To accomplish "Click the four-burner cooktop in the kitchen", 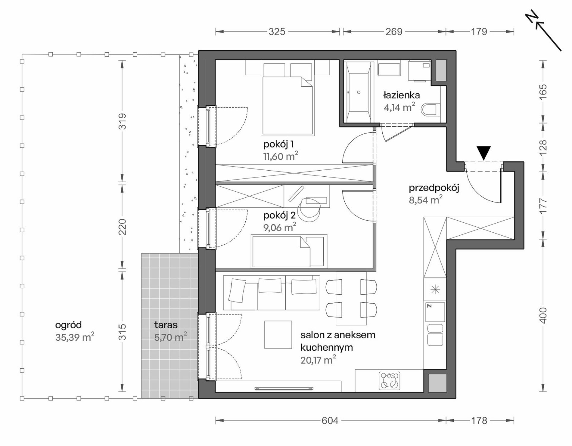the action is tap(390, 381).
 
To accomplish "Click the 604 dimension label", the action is tap(330, 420).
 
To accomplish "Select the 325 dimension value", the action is tap(277, 32).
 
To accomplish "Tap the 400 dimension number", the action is tap(543, 315).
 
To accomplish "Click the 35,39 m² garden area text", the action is tap(75, 337).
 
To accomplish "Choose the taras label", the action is tap(166, 325).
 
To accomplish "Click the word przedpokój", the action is tap(434, 189).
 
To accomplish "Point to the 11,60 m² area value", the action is tap(281, 156).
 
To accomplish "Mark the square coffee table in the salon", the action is tap(278, 335).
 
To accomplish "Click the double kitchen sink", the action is tap(435, 335).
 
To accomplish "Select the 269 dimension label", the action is tap(394, 32).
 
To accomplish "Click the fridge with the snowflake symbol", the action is tap(435, 290).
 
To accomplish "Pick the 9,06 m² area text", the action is tap(280, 227).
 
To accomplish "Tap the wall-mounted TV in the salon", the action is tap(284, 389).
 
